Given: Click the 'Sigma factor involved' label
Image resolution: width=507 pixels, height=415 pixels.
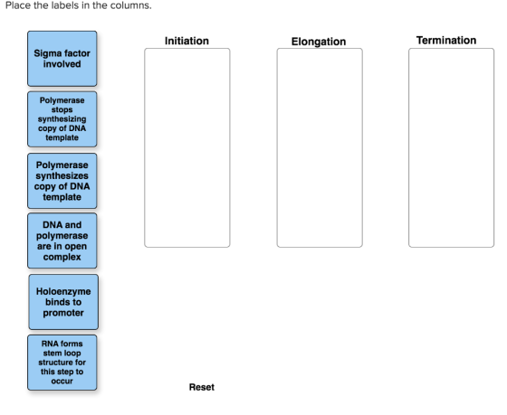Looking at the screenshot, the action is coord(62,59).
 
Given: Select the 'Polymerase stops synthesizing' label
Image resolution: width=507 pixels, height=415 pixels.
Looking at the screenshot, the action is coord(62,119).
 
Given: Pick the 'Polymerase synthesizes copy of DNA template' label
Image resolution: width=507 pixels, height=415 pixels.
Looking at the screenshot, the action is coord(62,181).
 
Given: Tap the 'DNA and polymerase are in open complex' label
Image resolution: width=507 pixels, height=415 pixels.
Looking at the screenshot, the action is coord(62,241).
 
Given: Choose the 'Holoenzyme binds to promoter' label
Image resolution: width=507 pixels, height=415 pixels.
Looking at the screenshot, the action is coord(63,302).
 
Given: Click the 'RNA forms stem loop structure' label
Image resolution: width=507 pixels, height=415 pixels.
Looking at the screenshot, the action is coord(62,363).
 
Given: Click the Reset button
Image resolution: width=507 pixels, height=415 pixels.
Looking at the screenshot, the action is coord(201,387).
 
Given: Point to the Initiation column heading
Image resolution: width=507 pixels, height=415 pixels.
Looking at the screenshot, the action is coord(187,41).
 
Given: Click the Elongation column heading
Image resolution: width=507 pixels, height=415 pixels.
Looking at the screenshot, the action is coord(319,42).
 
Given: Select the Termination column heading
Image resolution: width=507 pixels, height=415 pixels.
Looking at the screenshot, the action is coord(446,41).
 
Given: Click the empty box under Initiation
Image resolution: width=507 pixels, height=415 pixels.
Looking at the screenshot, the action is coord(187,148).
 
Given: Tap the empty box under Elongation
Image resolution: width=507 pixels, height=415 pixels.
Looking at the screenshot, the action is coord(320,148).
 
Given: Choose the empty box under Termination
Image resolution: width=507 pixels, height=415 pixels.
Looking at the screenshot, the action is coord(452,148).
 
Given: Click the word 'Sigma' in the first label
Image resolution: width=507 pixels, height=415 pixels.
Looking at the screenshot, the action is coord(45,53).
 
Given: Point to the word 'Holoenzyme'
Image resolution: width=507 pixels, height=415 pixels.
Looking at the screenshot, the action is coord(63,291).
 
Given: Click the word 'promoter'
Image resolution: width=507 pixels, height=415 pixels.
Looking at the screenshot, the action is coord(63,313).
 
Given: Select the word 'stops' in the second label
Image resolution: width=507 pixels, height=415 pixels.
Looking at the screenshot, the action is coord(62,109).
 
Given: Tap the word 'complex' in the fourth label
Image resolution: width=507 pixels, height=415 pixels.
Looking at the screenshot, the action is coord(62,257).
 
